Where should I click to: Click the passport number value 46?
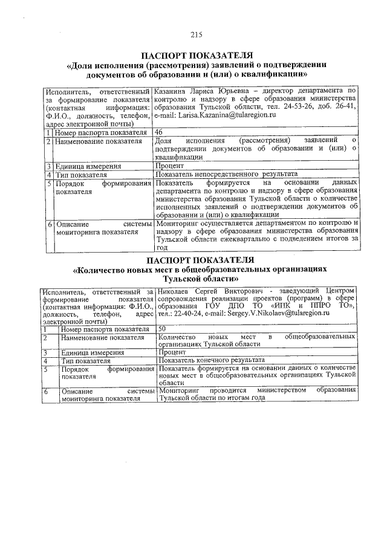(x=159, y=131)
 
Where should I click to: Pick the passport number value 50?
(x=161, y=328)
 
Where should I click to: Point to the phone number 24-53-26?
(x=288, y=106)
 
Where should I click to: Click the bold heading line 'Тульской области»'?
(x=195, y=279)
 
